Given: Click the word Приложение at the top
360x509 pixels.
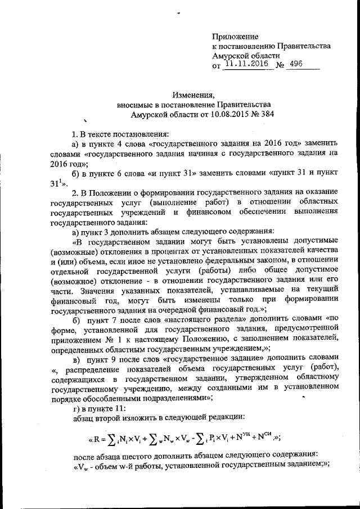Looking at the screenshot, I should (x=235, y=36).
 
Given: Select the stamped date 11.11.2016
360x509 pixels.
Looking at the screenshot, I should (x=247, y=65).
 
